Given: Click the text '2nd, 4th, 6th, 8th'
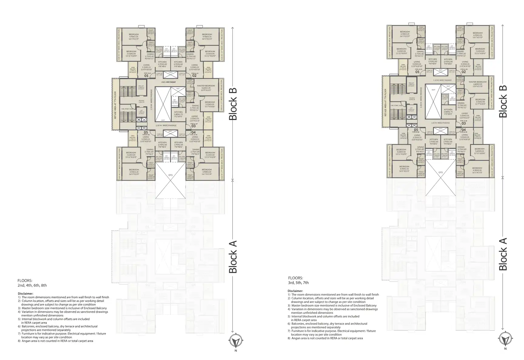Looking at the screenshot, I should tap(32, 285).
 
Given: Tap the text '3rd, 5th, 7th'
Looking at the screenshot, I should tap(298, 283).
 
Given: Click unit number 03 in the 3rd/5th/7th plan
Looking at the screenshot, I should tap(464, 123).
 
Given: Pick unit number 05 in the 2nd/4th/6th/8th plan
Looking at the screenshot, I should tap(146, 132).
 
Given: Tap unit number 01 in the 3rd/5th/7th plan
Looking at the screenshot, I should tap(417, 72).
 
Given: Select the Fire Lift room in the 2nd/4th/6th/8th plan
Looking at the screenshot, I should tap(141, 86).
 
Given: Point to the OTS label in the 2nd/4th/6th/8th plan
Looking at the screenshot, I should tap(170, 175).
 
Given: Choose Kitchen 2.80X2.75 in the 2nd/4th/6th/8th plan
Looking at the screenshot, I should tap(178, 113).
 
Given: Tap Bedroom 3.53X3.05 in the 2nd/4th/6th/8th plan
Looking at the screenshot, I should tap(210, 103).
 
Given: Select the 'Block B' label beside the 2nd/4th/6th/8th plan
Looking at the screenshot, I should tap(233, 104).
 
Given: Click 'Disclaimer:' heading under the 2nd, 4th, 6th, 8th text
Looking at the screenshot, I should tap(25, 293).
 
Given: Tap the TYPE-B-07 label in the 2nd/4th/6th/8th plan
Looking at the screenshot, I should tap(194, 124).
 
